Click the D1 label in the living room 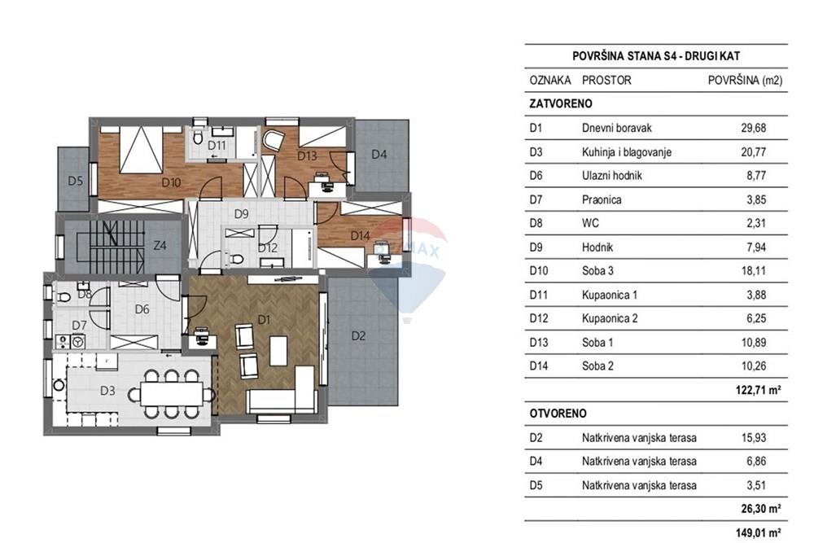(264, 320)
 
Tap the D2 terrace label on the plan (358, 336)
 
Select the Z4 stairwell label (160, 245)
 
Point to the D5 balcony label (75, 182)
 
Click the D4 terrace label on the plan (379, 154)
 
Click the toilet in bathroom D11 (197, 138)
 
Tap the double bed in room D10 (140, 150)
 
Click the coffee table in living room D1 (278, 351)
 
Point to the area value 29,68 (753, 129)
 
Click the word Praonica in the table (602, 200)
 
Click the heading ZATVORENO (561, 104)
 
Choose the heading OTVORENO (558, 414)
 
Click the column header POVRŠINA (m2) (745, 81)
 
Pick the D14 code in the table (538, 366)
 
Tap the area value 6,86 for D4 (756, 461)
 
